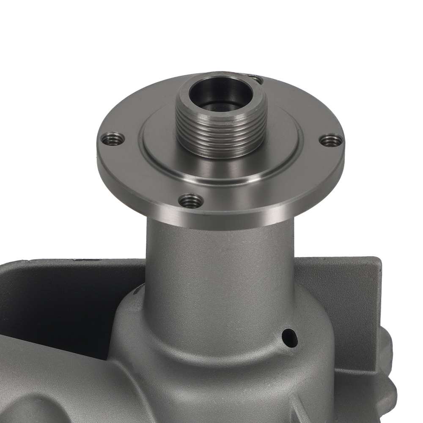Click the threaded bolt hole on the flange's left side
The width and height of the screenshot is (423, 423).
[113, 138]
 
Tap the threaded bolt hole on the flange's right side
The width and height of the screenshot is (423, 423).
[331, 140]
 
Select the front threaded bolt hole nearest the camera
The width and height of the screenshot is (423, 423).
[191, 200]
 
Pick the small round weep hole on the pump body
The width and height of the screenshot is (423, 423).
[290, 337]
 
